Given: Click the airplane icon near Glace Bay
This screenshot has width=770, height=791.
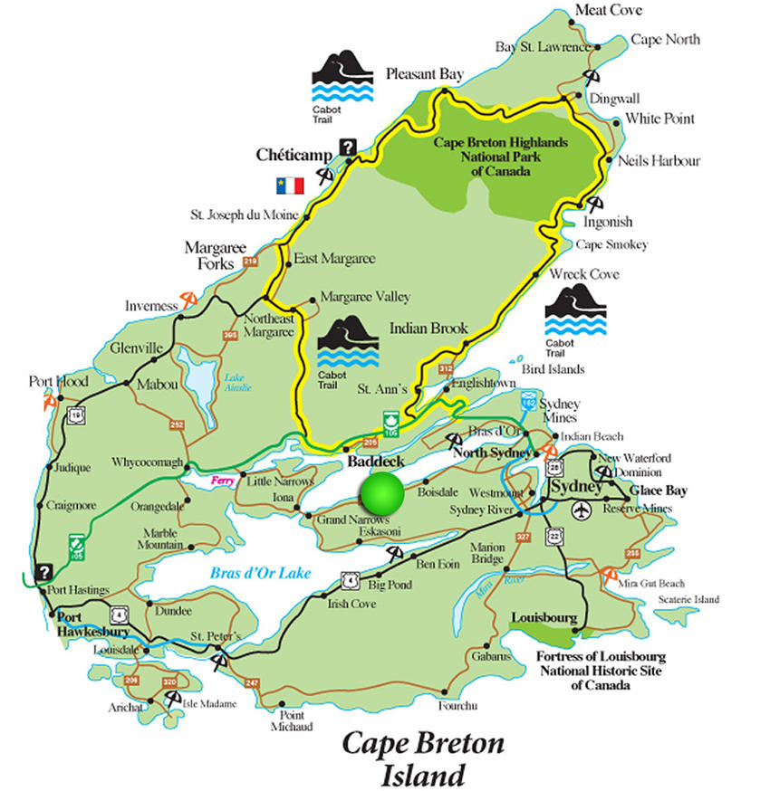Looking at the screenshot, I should pyautogui.click(x=580, y=510).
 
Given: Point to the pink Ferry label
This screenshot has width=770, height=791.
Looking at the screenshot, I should pyautogui.click(x=223, y=481).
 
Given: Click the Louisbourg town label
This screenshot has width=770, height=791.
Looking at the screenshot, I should pyautogui.click(x=544, y=617).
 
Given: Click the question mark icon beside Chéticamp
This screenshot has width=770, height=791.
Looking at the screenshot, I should pyautogui.click(x=347, y=147).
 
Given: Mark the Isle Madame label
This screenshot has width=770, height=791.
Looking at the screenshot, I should pyautogui.click(x=209, y=704).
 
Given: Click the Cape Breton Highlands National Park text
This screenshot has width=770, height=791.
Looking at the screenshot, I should pyautogui.click(x=500, y=157).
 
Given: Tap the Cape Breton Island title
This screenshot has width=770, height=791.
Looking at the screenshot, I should pyautogui.click(x=422, y=759).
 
